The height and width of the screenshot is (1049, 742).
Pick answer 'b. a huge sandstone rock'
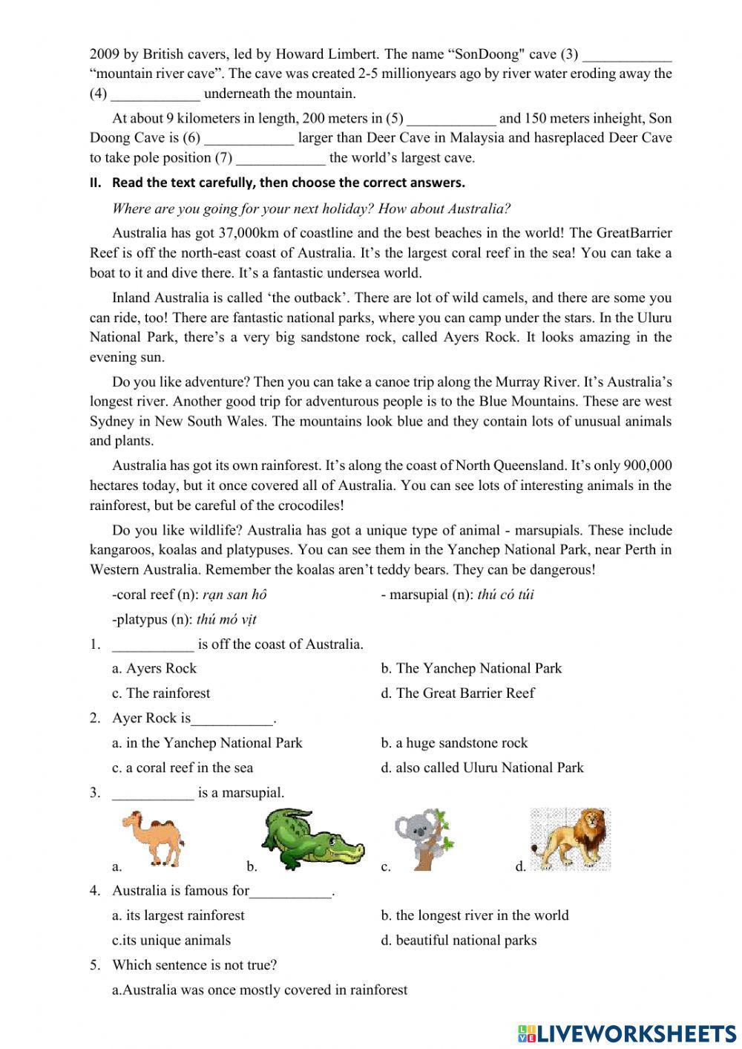[x=454, y=742]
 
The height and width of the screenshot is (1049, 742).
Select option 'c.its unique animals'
[x=171, y=940]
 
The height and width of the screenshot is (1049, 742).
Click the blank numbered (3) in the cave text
[x=627, y=54]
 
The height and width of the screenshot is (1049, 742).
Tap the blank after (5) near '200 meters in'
[x=451, y=118]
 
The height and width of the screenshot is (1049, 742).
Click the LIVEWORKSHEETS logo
[x=626, y=1032]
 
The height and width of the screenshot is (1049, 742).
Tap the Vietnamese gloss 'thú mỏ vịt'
[x=226, y=619]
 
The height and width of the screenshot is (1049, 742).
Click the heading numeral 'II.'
[x=96, y=183]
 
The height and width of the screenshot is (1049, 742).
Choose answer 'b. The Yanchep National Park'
[x=471, y=668]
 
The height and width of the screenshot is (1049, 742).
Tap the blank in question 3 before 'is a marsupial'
[x=153, y=792]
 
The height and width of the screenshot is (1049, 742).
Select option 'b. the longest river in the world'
[x=475, y=915]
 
